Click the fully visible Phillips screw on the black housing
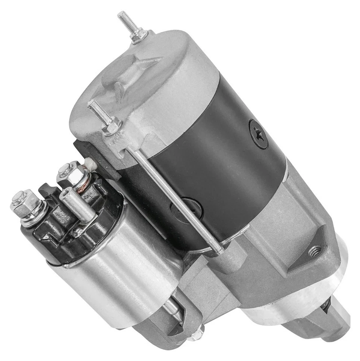coord(259,133)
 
